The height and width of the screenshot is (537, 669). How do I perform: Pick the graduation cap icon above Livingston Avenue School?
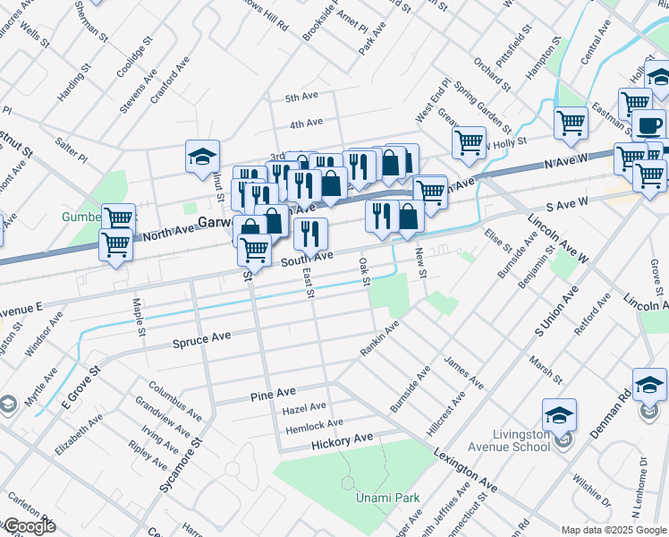[559, 414]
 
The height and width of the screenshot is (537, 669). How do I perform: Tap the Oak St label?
[364, 272]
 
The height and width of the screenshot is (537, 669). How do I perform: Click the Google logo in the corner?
[29, 526]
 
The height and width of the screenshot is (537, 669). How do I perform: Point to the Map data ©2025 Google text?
[614, 529]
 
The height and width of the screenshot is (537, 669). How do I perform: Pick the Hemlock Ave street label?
[314, 426]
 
